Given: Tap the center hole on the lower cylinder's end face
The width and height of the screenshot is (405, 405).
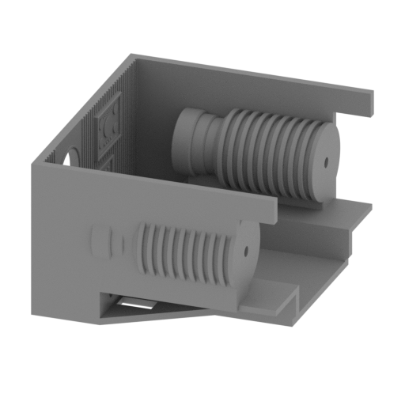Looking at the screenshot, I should tap(246, 252).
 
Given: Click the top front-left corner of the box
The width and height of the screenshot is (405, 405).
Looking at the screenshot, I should tap(29, 165).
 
